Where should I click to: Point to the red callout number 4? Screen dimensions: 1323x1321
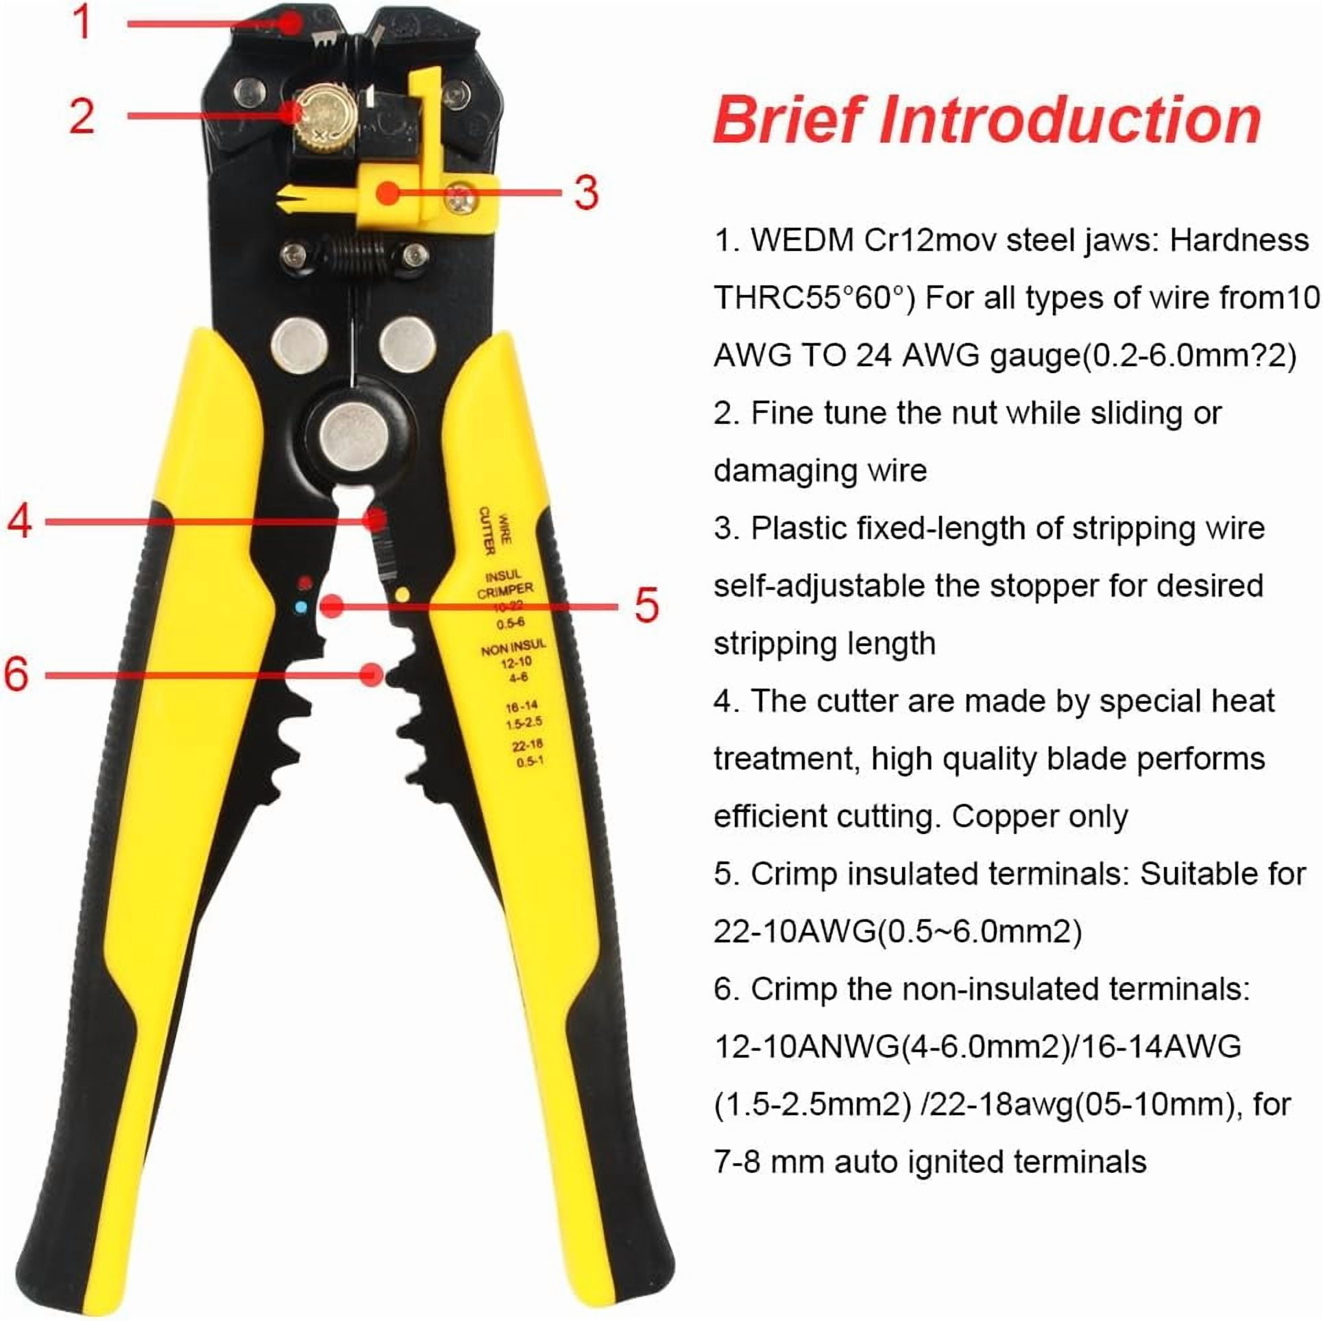[19, 521]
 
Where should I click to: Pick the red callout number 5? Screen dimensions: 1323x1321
[646, 605]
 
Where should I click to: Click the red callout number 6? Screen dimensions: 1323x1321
[16, 674]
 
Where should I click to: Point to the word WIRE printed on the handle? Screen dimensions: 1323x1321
[504, 529]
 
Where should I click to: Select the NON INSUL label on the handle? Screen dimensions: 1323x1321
[513, 647]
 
